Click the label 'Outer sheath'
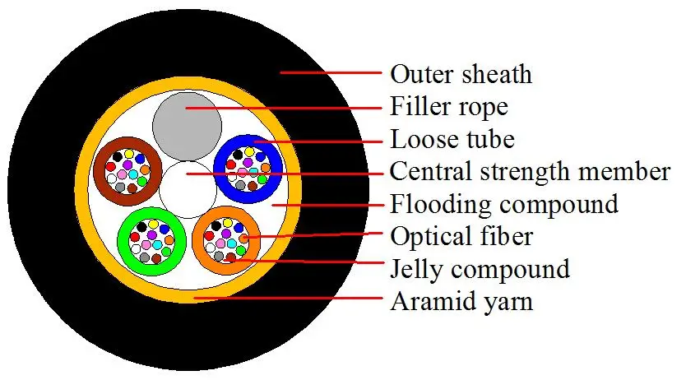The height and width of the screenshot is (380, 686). point(460,75)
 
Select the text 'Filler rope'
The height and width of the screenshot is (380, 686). point(448,108)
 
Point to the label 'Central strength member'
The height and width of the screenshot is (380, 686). point(530,172)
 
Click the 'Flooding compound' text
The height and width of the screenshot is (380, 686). point(503,203)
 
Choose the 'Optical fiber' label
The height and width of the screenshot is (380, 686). point(461,237)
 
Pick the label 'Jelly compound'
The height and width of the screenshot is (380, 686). point(480,269)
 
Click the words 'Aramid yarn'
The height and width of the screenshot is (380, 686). point(461,301)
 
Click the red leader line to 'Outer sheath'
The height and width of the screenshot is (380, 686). point(329,73)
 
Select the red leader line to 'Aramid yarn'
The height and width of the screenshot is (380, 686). point(288,299)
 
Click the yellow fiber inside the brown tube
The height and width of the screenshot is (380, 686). point(128,153)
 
